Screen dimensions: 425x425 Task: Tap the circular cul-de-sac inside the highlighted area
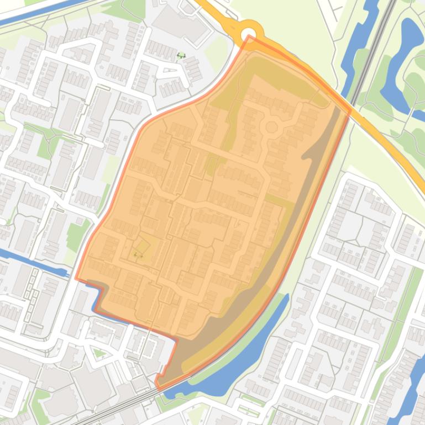(271, 127)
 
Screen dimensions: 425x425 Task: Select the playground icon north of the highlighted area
(181, 55)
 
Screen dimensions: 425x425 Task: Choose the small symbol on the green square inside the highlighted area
(138, 254)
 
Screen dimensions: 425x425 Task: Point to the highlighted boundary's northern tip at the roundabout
(249, 38)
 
